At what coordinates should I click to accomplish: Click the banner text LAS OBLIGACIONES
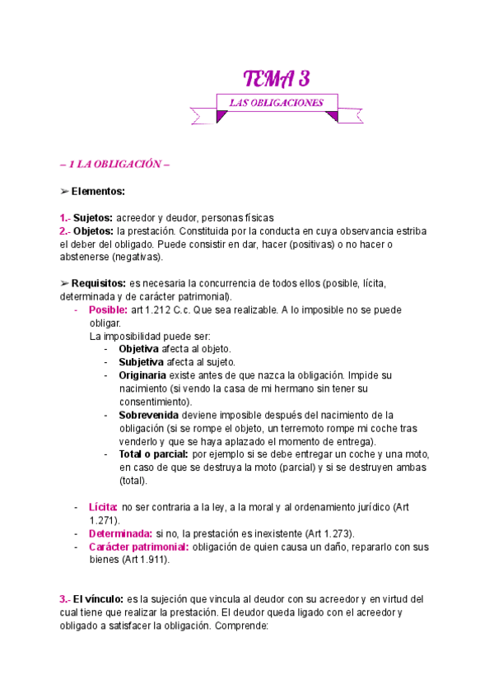point(277,103)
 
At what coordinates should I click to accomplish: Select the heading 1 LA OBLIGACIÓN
point(114,164)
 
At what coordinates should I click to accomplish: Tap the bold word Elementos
point(98,191)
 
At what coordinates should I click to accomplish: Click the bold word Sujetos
point(92,218)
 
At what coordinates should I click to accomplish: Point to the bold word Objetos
point(93,231)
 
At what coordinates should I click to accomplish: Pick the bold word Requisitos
point(99,283)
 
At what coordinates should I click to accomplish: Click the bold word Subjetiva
point(142,362)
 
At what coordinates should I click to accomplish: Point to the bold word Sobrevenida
point(148,415)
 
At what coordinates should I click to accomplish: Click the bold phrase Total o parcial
point(153,454)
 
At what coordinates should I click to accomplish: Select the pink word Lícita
point(104,507)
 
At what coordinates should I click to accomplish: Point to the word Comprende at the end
point(240,625)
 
